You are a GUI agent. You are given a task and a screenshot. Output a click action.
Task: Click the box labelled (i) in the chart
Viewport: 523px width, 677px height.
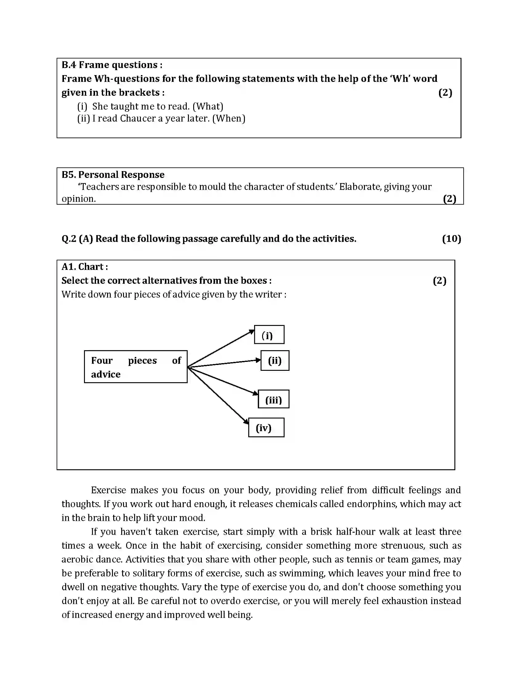pos(269,334)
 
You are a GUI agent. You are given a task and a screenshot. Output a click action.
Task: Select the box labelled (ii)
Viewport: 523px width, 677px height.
pos(275,361)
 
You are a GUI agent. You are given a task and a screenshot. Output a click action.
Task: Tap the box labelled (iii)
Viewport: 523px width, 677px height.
pos(273,399)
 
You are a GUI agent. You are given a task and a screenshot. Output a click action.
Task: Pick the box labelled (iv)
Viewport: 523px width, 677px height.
pos(266,427)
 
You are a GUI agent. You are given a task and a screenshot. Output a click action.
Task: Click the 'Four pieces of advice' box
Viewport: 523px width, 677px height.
pos(136,367)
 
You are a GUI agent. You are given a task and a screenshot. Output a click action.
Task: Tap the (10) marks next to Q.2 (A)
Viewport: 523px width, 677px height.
pos(451,239)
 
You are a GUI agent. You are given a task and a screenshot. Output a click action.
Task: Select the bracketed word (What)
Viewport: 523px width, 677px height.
pos(208,106)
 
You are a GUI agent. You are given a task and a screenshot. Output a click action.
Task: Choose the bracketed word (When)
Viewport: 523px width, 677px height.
pos(229,118)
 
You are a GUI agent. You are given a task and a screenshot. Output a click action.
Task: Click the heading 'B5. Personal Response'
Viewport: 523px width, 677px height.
pos(113,174)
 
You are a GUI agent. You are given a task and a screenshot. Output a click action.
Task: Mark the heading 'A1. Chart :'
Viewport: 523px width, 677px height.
pos(85,266)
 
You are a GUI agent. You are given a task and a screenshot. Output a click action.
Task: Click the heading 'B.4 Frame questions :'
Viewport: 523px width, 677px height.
pos(112,65)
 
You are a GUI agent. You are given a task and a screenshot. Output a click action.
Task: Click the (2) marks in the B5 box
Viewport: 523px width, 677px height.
pos(449,199)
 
